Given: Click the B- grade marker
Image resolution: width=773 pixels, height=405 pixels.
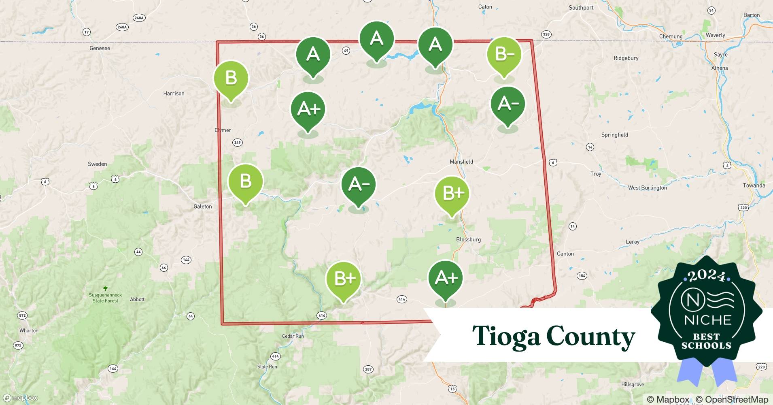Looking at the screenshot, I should click(x=504, y=54).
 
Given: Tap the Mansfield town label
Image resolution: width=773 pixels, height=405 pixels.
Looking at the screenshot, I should click(x=461, y=162).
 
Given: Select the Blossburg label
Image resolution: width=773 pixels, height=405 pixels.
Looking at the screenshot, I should click(x=468, y=239).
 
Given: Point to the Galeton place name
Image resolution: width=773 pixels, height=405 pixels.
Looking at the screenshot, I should click(x=202, y=207).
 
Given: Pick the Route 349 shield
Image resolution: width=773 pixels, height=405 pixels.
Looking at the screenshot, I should click(x=238, y=143).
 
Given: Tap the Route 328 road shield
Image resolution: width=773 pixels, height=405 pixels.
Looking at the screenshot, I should click(x=546, y=34).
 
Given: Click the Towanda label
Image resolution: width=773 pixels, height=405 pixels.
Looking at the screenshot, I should click(x=754, y=185).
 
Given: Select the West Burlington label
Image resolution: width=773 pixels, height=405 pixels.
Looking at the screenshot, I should click(x=647, y=188).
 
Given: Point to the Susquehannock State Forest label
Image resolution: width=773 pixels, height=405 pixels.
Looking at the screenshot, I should click(x=105, y=298).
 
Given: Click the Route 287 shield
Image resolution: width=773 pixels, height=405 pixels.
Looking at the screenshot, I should click(x=368, y=369).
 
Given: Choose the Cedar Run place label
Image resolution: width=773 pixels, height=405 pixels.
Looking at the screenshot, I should click(x=293, y=336).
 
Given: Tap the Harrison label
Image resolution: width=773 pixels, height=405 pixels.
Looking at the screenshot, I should click(x=174, y=94).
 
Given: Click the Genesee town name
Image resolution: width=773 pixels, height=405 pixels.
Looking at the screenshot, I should click(x=100, y=48).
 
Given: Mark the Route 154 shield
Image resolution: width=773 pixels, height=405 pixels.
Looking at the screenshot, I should click(x=582, y=276).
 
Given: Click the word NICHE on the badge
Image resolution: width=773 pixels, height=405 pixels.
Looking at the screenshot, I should click(x=707, y=320).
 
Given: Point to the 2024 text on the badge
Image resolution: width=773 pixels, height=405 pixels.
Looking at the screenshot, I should click(x=707, y=276).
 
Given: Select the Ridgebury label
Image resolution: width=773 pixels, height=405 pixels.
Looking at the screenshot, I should click(x=626, y=58).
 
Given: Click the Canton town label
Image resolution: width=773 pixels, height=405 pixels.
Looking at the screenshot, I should click(x=565, y=254).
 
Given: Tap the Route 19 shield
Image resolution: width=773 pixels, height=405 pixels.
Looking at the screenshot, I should click(x=86, y=32).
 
